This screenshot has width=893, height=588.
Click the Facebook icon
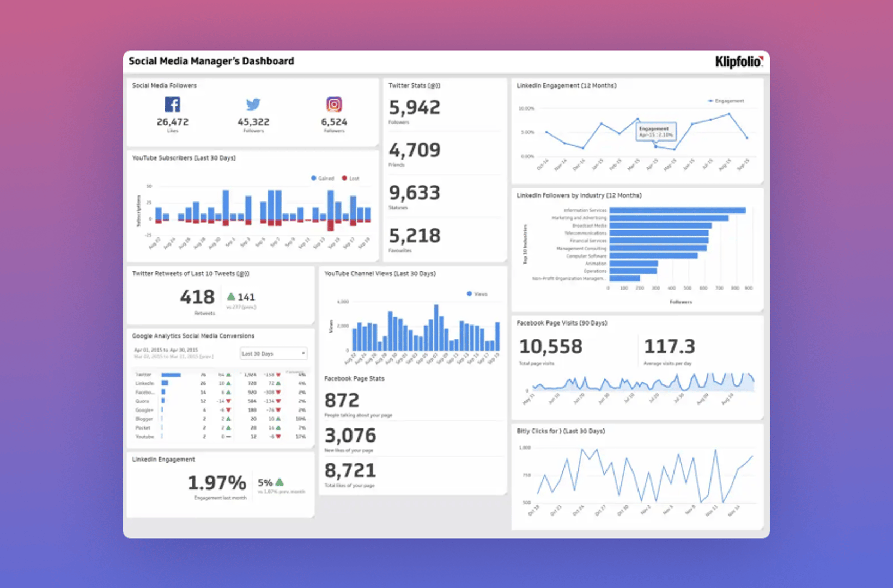point(172,105)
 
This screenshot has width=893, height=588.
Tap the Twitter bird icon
point(253,104)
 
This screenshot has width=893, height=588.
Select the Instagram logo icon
point(334,104)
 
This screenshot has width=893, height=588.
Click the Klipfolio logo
point(739,62)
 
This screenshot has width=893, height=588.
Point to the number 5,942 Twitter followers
point(414,108)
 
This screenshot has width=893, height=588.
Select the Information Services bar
point(677,210)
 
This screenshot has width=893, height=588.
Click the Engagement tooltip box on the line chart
point(656,131)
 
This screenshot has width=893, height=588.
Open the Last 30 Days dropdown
point(274,353)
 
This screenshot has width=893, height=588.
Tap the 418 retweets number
point(197,297)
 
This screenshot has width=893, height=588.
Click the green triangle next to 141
point(231,297)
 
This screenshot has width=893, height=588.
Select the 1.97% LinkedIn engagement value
point(217,483)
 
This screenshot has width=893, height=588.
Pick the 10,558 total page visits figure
point(550,347)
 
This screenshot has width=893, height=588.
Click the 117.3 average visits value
point(669,347)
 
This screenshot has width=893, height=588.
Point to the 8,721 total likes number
point(350,471)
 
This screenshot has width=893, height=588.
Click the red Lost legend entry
point(350,179)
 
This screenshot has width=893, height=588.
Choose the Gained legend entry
point(323,179)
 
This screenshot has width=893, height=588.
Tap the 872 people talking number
point(342,401)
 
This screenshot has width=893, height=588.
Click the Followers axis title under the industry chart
point(681,302)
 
